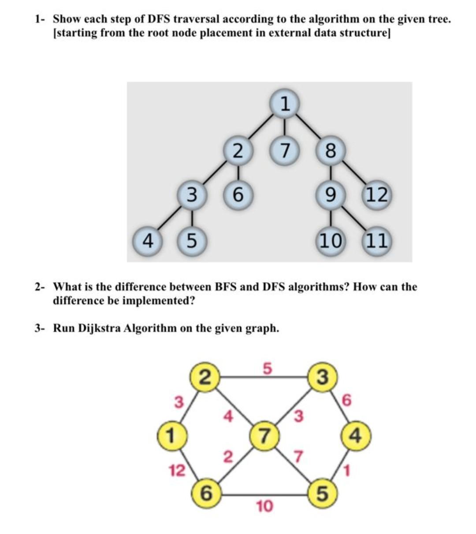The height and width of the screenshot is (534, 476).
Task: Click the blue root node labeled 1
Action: (285, 104)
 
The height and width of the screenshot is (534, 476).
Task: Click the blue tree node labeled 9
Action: (330, 194)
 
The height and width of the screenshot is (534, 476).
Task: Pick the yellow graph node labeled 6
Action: (206, 493)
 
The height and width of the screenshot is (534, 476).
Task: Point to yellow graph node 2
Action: (205, 377)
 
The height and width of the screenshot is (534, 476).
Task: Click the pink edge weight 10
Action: (264, 506)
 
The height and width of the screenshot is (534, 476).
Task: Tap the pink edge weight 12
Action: (178, 471)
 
